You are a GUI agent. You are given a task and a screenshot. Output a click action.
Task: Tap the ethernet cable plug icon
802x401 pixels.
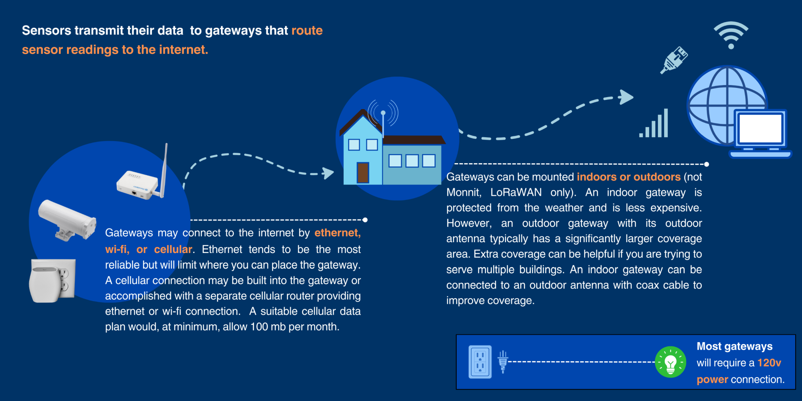[x=674, y=60]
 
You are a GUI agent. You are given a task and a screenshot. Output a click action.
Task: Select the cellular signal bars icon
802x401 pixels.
[x=654, y=123]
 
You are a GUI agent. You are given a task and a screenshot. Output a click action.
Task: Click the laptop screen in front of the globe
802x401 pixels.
[x=760, y=128]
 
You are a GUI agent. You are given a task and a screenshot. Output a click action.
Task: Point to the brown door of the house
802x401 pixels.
[x=363, y=172]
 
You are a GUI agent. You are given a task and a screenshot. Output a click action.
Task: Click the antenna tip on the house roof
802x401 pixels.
[x=383, y=113]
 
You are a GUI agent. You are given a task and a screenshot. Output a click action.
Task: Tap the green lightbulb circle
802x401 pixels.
[x=670, y=362]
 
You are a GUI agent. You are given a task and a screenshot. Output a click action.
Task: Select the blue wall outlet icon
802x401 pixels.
[x=480, y=362]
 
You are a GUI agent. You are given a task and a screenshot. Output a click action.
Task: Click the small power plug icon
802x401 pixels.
[x=503, y=362]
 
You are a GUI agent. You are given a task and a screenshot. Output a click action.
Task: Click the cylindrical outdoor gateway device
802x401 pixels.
[x=67, y=220]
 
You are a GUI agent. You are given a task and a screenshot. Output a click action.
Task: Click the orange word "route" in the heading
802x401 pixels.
[x=307, y=30]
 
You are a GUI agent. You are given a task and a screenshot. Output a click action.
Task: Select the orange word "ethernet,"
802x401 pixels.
[x=338, y=233]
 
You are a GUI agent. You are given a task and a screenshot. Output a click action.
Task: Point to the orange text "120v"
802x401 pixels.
[x=769, y=363]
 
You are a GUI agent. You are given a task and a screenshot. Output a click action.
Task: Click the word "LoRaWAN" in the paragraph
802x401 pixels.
[x=516, y=192]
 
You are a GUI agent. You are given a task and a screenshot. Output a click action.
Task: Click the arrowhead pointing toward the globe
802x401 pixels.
[x=626, y=97]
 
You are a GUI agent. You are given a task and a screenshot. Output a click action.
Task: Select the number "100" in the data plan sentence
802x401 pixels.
[x=259, y=327]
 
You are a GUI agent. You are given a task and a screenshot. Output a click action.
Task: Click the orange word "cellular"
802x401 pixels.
[x=173, y=249]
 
